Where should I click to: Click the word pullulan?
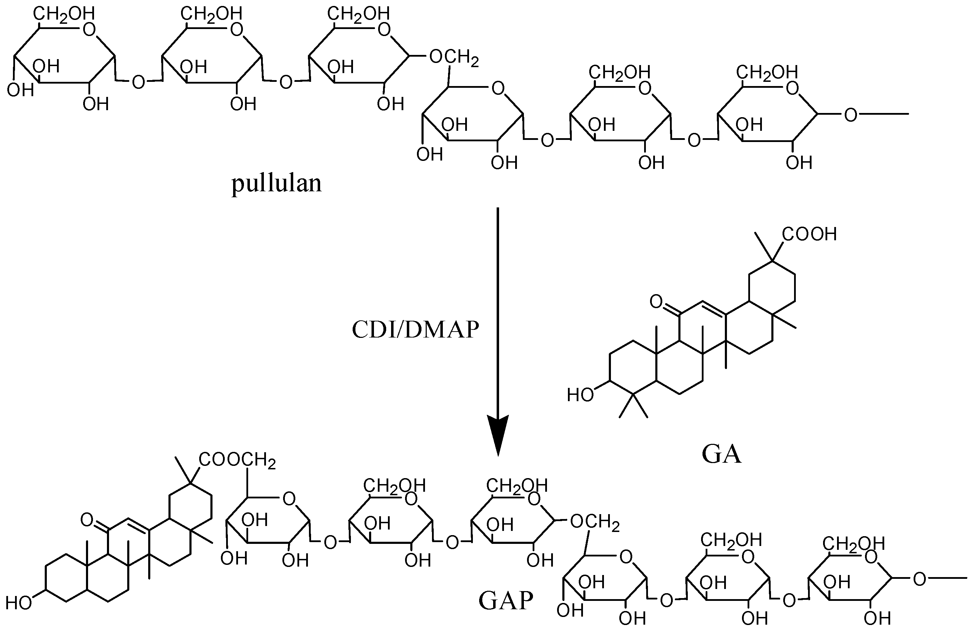277,184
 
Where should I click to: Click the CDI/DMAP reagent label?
415,329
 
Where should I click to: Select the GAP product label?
506,601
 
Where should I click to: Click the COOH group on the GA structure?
809,234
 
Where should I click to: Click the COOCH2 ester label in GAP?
237,460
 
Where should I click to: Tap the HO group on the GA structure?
580,395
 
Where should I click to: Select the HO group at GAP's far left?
19,603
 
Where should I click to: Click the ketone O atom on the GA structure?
656,302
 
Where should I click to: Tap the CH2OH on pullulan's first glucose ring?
64,14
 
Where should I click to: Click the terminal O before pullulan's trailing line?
850,115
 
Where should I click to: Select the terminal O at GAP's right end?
920,579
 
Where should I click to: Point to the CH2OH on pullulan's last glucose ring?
766,72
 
